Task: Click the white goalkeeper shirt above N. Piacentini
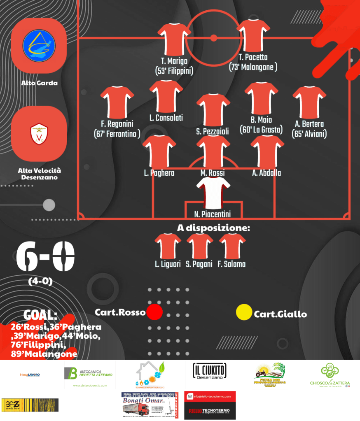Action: pos(213,193)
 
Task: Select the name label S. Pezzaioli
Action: pos(212,131)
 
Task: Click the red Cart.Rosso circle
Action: pos(155,312)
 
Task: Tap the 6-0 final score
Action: pos(46,257)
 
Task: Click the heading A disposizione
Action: pos(214,228)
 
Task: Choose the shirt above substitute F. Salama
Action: pos(232,246)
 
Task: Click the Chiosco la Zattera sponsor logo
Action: pos(330,374)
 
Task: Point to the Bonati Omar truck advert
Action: pos(150,405)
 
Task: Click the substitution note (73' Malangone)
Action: pos(253,67)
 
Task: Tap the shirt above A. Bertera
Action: pos(309,100)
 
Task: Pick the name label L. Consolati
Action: pos(166,118)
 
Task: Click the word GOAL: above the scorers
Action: pos(40,315)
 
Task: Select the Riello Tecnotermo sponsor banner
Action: pos(210,406)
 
